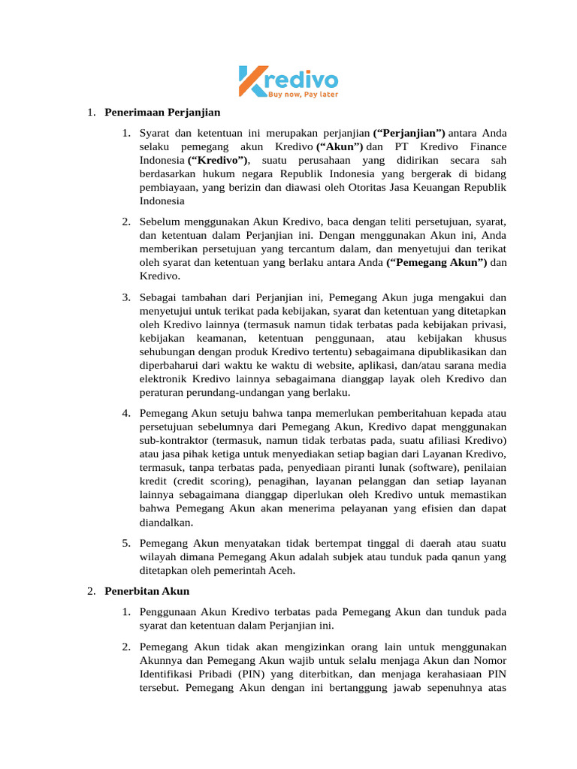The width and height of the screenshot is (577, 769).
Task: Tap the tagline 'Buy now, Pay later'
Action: pos(303,94)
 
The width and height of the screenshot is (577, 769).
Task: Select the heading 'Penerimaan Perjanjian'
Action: pos(162,113)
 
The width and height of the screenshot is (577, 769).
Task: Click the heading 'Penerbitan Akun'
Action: pos(147,591)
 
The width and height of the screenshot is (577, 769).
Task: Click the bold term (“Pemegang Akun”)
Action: pos(437,263)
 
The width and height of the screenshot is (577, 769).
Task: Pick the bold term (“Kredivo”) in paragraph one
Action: pos(219,161)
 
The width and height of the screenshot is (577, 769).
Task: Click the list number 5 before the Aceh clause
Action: pos(126,543)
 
